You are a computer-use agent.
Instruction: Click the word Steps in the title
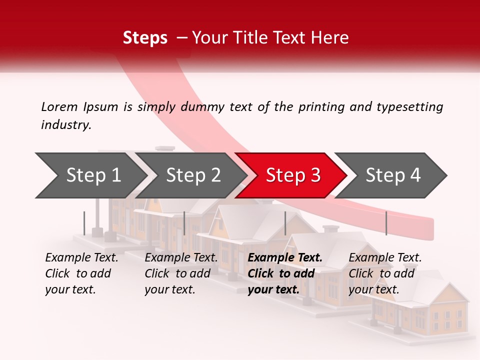coord(145,38)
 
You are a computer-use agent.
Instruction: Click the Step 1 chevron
coord(93,175)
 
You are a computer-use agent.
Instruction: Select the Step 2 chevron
coord(193,175)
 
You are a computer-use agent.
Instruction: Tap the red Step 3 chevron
coord(293,175)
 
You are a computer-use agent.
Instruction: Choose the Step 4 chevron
coord(393,175)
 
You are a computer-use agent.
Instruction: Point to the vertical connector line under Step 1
coord(84,223)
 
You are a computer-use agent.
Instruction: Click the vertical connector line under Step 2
coord(184,223)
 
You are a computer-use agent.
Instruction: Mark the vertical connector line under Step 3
coord(285,223)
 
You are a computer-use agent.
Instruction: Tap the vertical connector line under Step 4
coord(386,223)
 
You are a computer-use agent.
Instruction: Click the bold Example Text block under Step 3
coord(285,273)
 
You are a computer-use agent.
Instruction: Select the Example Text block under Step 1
coord(81,273)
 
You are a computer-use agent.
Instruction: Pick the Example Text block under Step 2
coord(181,273)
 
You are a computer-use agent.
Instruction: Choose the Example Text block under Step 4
coord(385,273)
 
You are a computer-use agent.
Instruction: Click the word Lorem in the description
coord(59,106)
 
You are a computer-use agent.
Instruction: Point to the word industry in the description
coord(65,124)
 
